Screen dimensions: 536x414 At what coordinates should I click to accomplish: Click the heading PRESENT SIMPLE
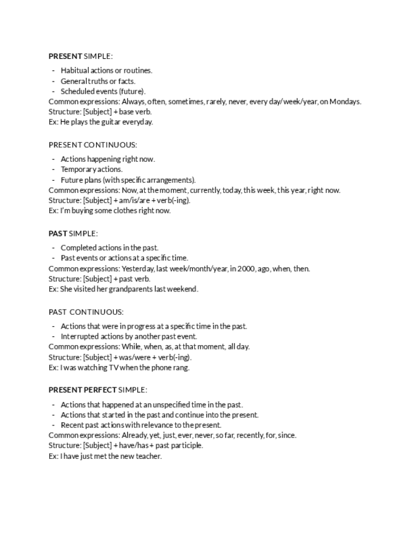[x=80, y=56]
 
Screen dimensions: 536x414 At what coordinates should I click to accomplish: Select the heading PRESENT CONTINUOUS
[x=92, y=145]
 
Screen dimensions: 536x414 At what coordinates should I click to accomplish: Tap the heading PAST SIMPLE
[x=73, y=233]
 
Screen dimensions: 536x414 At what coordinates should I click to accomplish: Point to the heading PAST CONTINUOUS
[x=86, y=312]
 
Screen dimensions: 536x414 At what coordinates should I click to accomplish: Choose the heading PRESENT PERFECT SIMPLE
[x=97, y=390]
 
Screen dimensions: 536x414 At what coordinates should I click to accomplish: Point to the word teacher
[x=149, y=456]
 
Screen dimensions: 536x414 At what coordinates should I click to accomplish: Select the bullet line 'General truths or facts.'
[x=98, y=81]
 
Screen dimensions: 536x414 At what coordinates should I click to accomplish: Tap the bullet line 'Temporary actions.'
[x=92, y=169]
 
